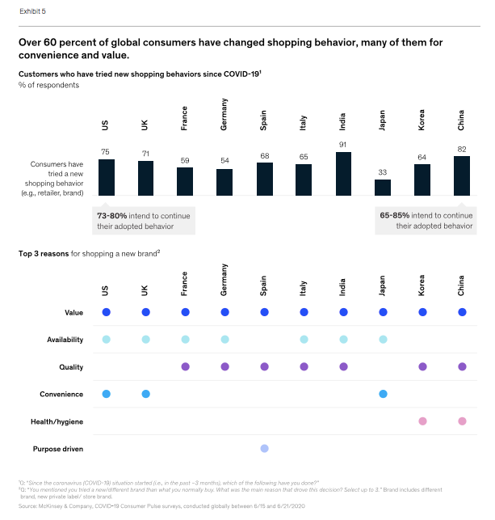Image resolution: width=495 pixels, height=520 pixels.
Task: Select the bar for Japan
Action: coord(383,187)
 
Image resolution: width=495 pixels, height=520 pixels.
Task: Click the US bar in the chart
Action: coord(106,177)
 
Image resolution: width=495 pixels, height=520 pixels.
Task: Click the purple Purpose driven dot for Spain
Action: coord(264,448)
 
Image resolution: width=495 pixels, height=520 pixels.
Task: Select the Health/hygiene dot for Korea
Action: coord(422,421)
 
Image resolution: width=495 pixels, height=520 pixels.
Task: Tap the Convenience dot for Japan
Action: coord(383,394)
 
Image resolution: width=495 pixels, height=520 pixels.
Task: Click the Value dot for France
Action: coord(185,312)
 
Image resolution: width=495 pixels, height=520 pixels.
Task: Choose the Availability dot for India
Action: coord(343,340)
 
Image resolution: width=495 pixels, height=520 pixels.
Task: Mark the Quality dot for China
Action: coord(461,367)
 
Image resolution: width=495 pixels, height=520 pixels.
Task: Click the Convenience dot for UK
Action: coord(145,394)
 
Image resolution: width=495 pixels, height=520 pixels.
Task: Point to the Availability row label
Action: coord(63,340)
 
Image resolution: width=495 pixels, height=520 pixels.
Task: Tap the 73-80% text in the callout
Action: coord(112,216)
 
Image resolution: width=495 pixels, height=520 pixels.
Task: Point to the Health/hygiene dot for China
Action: coord(461,421)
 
